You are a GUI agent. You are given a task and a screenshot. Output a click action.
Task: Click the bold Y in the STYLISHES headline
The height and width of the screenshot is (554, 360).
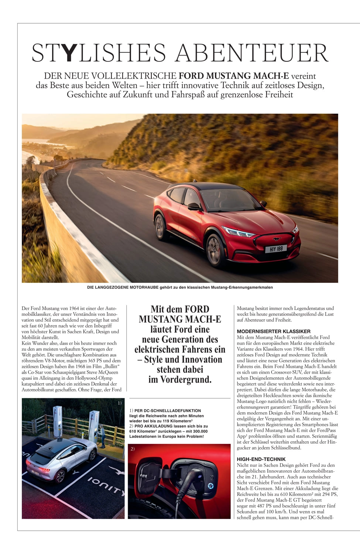68,53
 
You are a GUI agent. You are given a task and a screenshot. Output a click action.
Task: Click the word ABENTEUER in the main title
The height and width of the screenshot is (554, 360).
252,53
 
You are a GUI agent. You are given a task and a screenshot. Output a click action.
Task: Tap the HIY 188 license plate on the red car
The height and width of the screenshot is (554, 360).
276,249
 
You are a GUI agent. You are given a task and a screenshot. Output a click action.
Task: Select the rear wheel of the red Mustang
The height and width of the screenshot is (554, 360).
161,226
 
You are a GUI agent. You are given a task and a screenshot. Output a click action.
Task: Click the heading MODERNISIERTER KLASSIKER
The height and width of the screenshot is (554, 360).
274,331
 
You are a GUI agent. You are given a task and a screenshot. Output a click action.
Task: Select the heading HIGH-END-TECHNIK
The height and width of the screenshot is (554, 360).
261,459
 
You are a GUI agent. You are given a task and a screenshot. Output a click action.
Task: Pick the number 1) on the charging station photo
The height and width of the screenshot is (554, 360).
119,403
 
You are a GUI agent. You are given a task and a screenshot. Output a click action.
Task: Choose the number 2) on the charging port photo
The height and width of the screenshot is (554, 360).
133,449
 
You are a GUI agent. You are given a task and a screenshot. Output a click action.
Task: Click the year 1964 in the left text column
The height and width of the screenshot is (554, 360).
74,308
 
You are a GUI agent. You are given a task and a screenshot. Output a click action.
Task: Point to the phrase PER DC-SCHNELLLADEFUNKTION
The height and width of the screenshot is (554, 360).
168,410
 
